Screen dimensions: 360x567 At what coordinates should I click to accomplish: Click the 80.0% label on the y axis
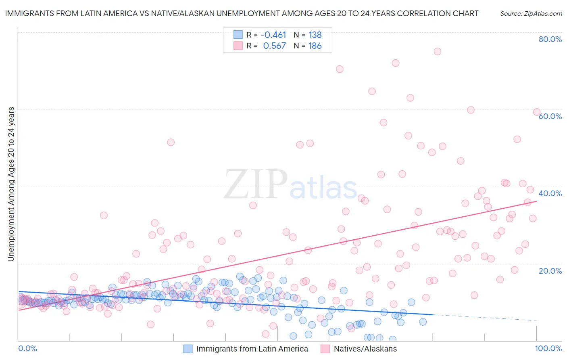pyautogui.click(x=550, y=39)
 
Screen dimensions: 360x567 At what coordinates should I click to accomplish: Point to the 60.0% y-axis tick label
pyautogui.click(x=550, y=116)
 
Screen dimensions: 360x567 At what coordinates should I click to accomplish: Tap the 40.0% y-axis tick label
pyautogui.click(x=550, y=193)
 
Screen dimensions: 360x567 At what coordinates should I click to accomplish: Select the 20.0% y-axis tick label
pyautogui.click(x=550, y=271)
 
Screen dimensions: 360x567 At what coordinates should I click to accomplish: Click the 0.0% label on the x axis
pyautogui.click(x=27, y=348)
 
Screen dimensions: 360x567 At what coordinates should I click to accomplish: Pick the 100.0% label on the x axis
pyautogui.click(x=548, y=348)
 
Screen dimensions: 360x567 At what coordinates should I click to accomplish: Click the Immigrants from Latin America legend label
pyautogui.click(x=252, y=349)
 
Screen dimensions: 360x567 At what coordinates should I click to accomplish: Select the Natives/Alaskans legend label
pyautogui.click(x=365, y=349)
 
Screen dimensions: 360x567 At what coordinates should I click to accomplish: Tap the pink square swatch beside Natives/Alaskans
pyautogui.click(x=325, y=349)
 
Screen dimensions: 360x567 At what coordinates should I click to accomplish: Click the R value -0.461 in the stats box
pyautogui.click(x=273, y=35)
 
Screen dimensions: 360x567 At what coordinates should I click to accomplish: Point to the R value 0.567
pyautogui.click(x=274, y=46)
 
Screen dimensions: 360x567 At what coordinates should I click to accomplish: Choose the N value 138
pyautogui.click(x=315, y=35)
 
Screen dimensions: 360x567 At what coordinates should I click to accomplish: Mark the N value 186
pyautogui.click(x=315, y=46)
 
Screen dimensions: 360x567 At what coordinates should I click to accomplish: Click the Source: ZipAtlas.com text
pyautogui.click(x=531, y=14)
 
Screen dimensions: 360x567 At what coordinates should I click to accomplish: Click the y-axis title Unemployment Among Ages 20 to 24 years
pyautogui.click(x=11, y=184)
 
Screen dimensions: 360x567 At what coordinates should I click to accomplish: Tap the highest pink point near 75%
pyautogui.click(x=437, y=51)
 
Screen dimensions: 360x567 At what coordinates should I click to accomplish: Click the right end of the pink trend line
pyautogui.click(x=536, y=201)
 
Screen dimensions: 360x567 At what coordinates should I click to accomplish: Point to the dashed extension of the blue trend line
pyautogui.click(x=484, y=317)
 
